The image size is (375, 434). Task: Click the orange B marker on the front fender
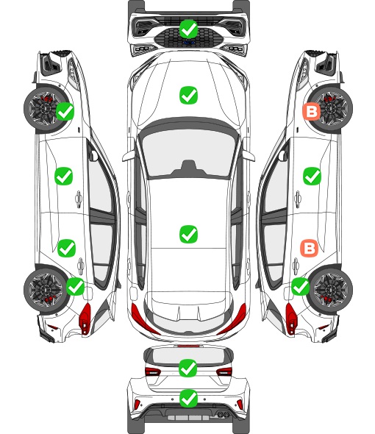(311, 112)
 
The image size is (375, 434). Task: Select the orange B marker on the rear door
(309, 248)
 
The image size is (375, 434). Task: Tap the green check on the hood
(188, 95)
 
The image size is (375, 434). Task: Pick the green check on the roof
(188, 234)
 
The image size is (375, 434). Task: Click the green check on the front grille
(188, 29)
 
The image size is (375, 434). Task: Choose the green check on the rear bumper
(188, 399)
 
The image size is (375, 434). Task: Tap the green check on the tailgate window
(188, 368)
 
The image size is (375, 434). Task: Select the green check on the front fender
(65, 111)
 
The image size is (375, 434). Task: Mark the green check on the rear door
(66, 248)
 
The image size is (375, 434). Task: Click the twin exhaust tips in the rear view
(223, 414)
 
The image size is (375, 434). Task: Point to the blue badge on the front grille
(188, 43)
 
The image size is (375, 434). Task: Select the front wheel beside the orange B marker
(332, 108)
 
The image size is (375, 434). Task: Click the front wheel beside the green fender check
(45, 109)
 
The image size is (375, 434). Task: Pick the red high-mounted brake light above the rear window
(188, 346)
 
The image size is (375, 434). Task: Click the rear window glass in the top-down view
(188, 315)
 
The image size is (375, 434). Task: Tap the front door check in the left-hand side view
(64, 176)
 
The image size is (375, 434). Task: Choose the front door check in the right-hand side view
(312, 176)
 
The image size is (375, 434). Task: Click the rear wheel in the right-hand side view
(332, 288)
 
